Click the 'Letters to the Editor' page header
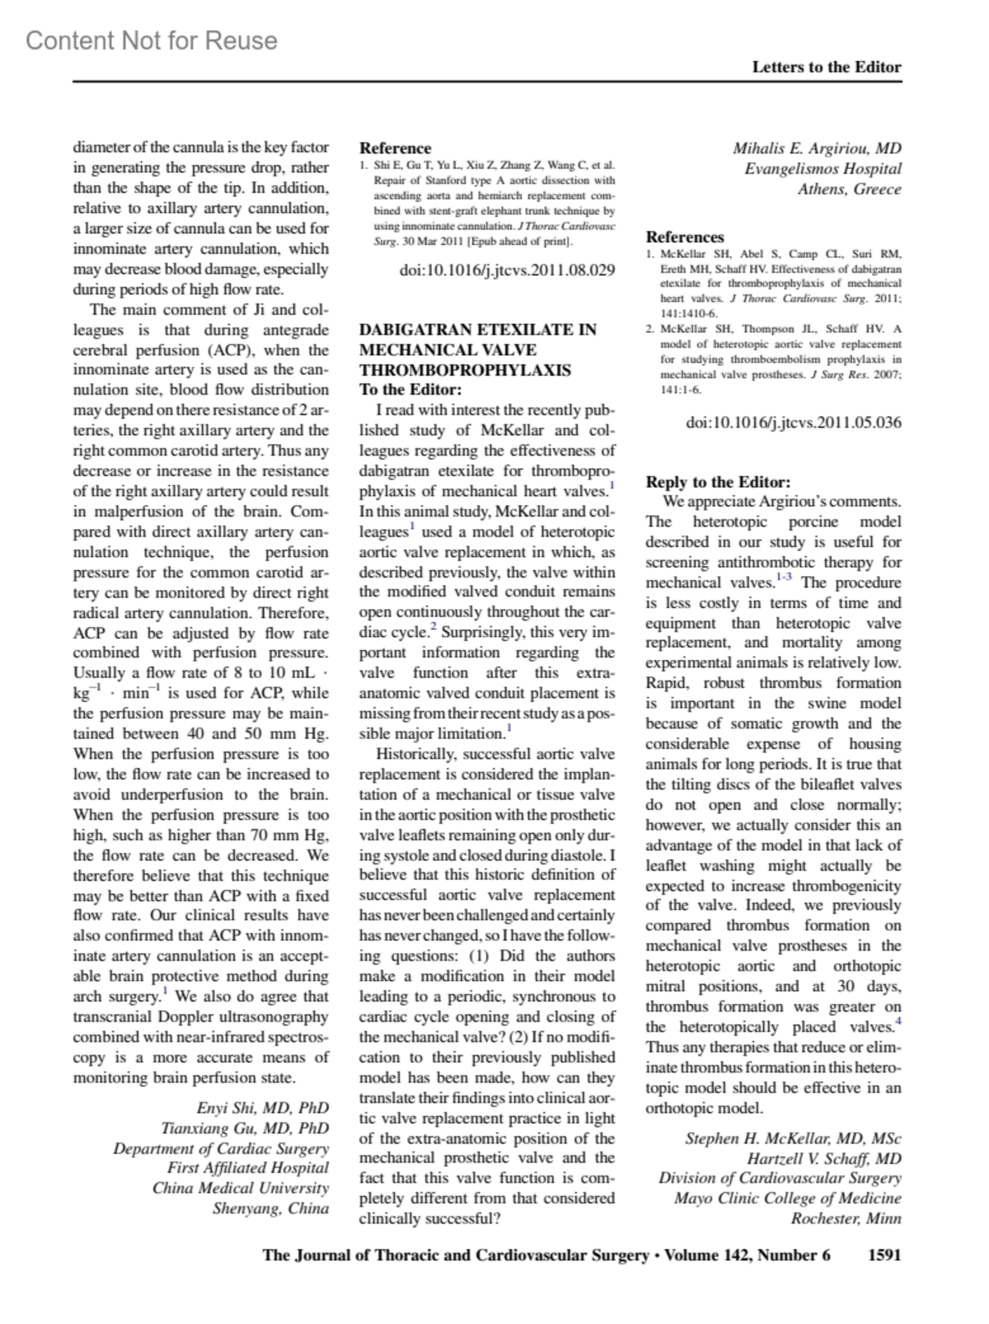826,68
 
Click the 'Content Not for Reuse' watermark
152,40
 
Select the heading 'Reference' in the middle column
395,148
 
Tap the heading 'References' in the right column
685,237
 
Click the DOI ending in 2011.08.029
507,269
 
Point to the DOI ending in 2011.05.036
794,423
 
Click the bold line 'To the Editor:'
410,390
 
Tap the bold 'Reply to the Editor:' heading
718,482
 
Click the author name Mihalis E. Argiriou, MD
817,149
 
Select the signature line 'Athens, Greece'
849,189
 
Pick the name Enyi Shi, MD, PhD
262,1108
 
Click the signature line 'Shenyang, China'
270,1209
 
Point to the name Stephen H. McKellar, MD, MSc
793,1139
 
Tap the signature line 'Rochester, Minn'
846,1219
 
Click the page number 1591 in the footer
884,1256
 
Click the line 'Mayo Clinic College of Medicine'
787,1199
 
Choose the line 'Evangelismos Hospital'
823,169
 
